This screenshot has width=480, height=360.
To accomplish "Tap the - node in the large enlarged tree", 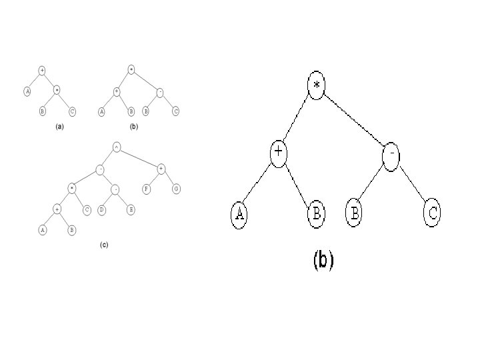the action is point(392,154).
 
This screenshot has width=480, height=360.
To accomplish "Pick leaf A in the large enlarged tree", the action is point(239,214).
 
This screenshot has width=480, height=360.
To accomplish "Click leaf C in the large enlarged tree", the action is point(433,213).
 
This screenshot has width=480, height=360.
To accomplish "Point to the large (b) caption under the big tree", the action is point(323,260).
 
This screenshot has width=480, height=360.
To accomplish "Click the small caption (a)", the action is point(59,126).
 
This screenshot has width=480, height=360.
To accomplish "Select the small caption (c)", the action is point(104,245).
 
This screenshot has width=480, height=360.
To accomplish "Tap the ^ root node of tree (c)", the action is point(116,147).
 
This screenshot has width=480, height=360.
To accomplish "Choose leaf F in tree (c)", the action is point(146,189).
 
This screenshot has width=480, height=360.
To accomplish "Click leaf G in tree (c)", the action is point(176,189).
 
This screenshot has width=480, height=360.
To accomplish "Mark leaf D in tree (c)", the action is point(101,209).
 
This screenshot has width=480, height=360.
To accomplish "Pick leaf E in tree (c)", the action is point(131,209).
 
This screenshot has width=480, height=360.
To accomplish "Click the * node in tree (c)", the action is point(71,189).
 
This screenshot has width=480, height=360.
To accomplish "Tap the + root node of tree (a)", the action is point(42,70).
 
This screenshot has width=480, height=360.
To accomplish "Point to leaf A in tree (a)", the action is point(27,91).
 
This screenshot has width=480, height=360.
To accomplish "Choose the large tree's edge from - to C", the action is point(413,184).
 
